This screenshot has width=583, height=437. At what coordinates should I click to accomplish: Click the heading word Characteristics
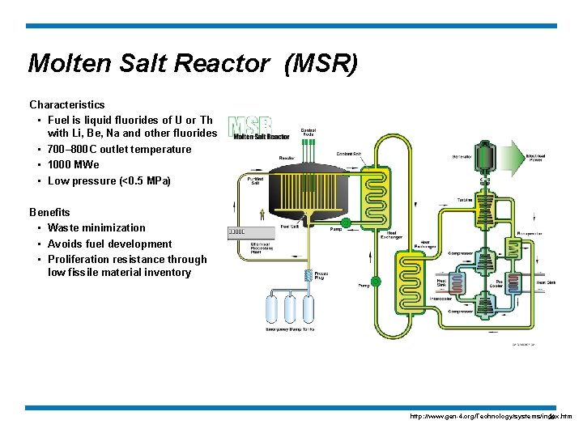click(67, 104)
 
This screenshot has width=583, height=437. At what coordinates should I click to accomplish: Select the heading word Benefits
click(49, 212)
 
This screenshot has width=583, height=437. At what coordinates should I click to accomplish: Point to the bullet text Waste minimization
click(96, 228)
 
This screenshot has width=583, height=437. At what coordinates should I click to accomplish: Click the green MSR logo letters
click(249, 125)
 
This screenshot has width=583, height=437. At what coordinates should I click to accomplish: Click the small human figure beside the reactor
click(262, 214)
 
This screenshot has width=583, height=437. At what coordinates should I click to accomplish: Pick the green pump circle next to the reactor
click(346, 222)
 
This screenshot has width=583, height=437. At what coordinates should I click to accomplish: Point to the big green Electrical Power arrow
click(518, 156)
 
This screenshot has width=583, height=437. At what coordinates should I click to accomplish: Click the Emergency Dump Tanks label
click(290, 329)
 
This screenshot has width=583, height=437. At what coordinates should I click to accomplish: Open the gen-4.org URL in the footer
click(491, 416)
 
